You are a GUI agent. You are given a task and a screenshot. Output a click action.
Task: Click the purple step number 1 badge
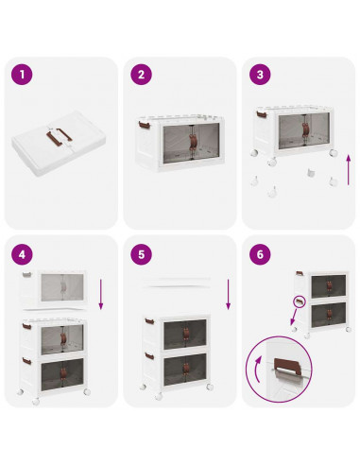click(x=22, y=75)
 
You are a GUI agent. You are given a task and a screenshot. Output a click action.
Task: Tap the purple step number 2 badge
click(x=141, y=75)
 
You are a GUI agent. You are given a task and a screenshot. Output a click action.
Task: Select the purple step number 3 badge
click(x=260, y=75)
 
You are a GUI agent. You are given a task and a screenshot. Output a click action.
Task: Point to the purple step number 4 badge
click(x=22, y=254)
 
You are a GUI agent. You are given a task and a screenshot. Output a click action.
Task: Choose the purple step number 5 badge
click(x=141, y=254)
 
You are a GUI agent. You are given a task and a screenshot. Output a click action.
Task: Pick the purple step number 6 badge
click(x=260, y=254)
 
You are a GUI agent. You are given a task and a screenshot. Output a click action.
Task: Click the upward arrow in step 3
click(x=349, y=170)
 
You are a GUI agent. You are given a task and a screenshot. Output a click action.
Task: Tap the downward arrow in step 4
click(x=101, y=294)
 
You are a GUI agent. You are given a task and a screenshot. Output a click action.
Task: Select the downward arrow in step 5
click(x=229, y=294)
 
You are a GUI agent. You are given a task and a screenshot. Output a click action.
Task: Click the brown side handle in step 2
click(x=144, y=125)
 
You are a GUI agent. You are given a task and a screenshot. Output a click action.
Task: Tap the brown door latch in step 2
click(x=193, y=142)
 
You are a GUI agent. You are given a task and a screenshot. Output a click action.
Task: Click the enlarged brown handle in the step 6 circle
click(x=285, y=366)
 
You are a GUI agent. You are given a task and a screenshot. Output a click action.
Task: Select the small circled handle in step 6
click(x=300, y=302)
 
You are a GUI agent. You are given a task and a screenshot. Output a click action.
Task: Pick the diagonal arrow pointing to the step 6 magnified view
click(x=294, y=317)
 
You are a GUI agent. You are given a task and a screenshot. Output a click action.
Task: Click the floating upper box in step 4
click(x=54, y=287)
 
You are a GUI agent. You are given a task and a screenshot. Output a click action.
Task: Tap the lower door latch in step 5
click(x=185, y=368)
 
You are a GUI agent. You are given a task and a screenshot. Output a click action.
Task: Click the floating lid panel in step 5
click(x=177, y=283)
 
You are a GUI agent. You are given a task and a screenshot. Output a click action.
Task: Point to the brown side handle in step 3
click(x=261, y=114)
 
